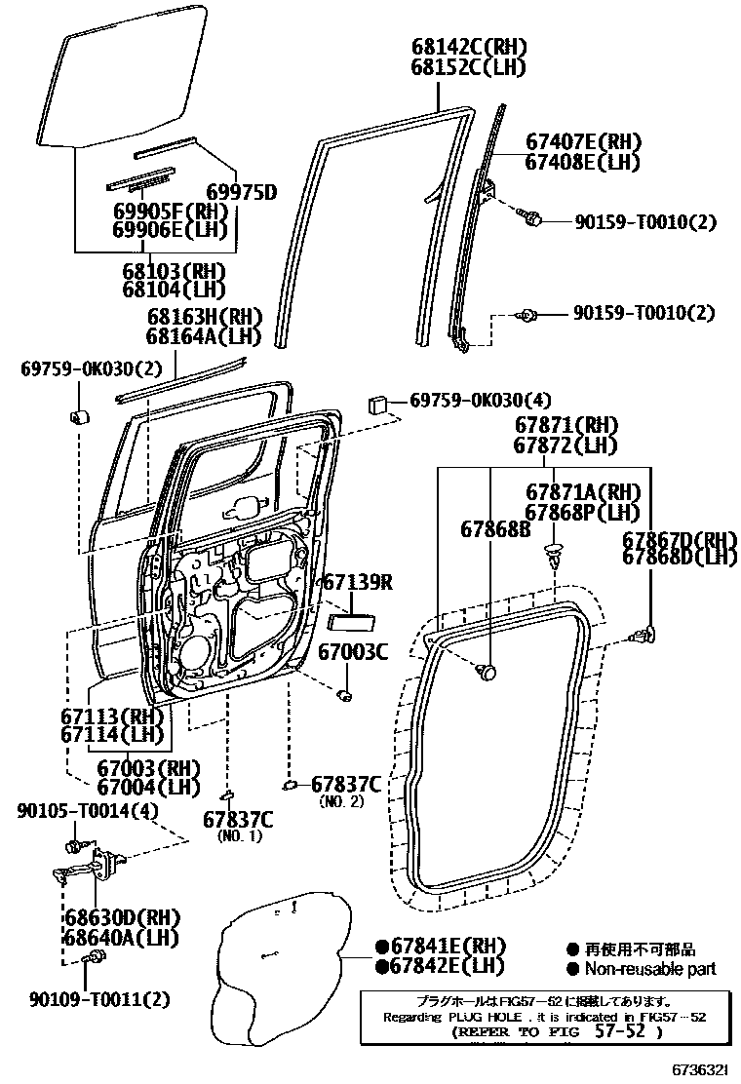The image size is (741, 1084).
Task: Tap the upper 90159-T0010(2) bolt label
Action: [x=643, y=222]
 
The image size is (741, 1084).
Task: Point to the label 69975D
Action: [x=241, y=191]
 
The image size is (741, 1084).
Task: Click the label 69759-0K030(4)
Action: [x=481, y=401]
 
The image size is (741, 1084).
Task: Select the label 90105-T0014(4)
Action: [x=88, y=811]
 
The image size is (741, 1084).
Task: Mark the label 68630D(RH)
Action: [x=124, y=918]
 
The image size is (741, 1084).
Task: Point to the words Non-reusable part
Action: [x=649, y=968]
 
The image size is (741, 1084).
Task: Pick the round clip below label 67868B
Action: [x=487, y=672]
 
